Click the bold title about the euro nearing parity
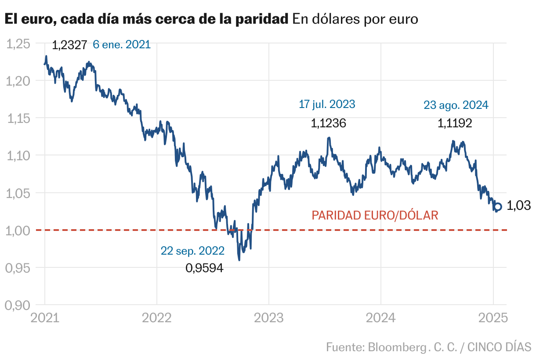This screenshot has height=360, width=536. pos(146,19)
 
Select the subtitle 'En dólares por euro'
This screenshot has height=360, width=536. pos(355,19)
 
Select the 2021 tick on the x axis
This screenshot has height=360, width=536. pos(44,317)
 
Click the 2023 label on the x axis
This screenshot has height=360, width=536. pos(268,317)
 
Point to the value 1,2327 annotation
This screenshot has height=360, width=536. pos(69,45)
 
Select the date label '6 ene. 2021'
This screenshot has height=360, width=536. pos(121,44)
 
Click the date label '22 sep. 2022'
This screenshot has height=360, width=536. pos(192,251)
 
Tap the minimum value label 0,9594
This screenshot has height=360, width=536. pos(204,267)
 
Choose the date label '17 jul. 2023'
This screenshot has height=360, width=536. pos(327,104)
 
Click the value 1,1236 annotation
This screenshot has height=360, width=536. pos(328,123)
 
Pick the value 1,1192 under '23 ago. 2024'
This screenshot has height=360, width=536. pos(455,123)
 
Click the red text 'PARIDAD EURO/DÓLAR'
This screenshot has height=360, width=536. pos(375,216)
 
